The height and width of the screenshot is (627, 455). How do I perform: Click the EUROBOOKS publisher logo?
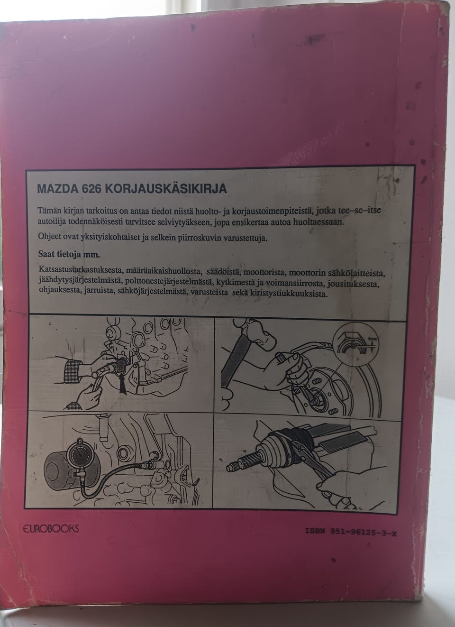(x=50, y=528)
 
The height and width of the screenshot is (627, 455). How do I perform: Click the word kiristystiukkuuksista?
(x=287, y=294)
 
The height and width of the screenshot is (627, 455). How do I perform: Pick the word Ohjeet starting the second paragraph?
(x=51, y=238)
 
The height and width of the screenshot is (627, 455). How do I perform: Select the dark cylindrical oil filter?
(x=62, y=464)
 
